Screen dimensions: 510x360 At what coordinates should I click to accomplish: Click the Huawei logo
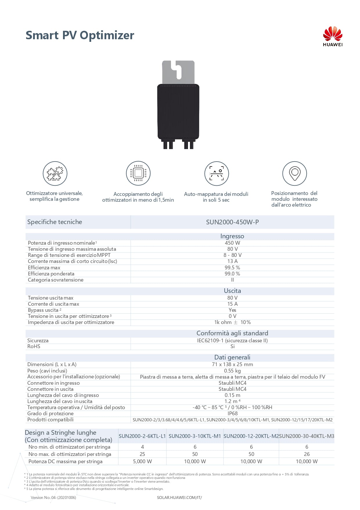(332, 36)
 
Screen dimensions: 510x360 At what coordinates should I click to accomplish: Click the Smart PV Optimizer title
(80, 35)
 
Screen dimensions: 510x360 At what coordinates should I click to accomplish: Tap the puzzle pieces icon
(55, 173)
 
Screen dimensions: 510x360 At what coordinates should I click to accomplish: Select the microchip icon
(138, 173)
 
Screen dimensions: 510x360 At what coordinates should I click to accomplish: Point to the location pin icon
(294, 173)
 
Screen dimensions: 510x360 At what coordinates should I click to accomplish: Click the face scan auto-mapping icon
(217, 173)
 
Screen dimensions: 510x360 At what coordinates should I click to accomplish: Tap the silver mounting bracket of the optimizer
(178, 71)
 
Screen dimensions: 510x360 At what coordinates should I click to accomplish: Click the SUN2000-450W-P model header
(232, 222)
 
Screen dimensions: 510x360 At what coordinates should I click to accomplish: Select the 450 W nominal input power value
(232, 243)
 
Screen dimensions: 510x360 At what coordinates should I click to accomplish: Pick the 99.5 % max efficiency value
(232, 268)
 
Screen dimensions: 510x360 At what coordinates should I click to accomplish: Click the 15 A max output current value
(232, 304)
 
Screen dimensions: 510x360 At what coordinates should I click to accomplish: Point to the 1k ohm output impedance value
(232, 322)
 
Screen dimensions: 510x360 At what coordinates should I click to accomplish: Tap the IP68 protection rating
(233, 414)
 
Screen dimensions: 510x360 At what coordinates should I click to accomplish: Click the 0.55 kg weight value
(232, 371)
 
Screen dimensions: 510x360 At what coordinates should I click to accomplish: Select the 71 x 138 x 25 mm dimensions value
(232, 364)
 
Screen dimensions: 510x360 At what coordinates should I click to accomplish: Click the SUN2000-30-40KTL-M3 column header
(307, 436)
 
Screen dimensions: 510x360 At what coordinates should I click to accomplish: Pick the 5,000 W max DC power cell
(142, 461)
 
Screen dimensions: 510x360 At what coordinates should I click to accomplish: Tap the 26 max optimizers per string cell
(307, 454)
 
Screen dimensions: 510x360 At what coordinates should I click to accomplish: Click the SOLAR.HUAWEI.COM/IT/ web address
(179, 498)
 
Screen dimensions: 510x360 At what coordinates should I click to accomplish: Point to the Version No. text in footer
(53, 498)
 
